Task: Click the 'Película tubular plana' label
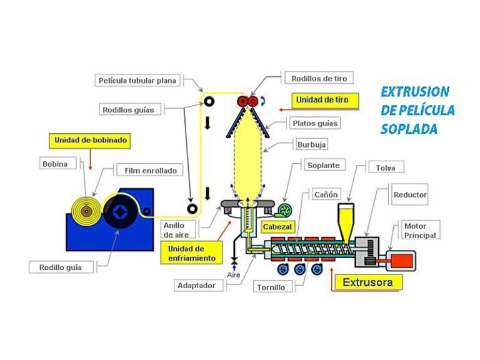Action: [x=138, y=80]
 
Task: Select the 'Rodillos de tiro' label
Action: [x=319, y=78]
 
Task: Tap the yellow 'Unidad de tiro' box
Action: [x=323, y=99]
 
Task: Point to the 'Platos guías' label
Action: [x=315, y=123]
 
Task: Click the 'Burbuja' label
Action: [x=312, y=144]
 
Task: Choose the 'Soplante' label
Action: [x=323, y=166]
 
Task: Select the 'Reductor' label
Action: [x=410, y=195]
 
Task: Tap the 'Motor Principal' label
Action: [x=420, y=231]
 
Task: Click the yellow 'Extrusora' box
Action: [x=367, y=282]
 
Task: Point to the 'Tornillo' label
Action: [x=270, y=287]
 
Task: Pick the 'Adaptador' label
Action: [x=196, y=286]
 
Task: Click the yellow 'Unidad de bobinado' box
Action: [x=91, y=141]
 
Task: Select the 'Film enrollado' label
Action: [x=150, y=170]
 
